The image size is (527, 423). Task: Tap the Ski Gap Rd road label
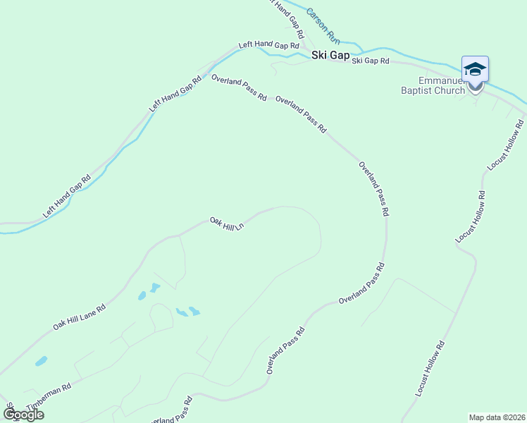click(371, 61)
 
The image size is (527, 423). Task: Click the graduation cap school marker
click(475, 69)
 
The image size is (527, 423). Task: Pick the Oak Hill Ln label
click(226, 224)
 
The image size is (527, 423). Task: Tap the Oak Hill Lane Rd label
click(80, 317)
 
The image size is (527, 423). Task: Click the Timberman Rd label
click(49, 398)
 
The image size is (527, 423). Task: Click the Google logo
click(23, 415)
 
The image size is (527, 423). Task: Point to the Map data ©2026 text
click(497, 417)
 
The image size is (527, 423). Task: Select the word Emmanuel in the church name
click(440, 80)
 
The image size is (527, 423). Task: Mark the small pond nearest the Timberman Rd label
click(41, 362)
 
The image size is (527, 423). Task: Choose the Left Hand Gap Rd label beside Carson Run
click(285, 20)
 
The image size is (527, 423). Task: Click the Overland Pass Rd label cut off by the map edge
click(170, 412)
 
